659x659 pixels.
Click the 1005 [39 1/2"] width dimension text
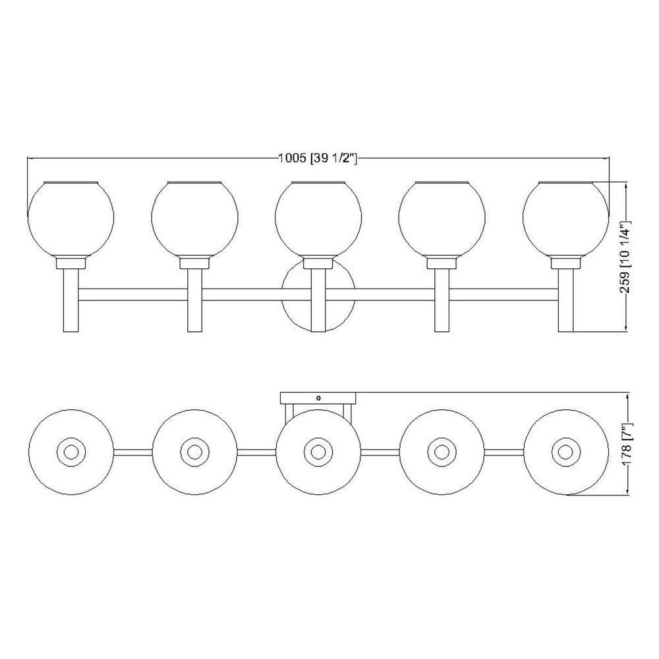tap(318, 158)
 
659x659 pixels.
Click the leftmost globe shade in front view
tap(71, 219)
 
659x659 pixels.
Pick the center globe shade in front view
tap(318, 219)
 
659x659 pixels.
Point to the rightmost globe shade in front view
tap(565, 219)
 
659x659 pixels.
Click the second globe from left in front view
tap(194, 219)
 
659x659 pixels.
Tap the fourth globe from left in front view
tap(442, 219)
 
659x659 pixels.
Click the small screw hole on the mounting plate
tap(318, 397)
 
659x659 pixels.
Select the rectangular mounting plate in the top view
tap(318, 398)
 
